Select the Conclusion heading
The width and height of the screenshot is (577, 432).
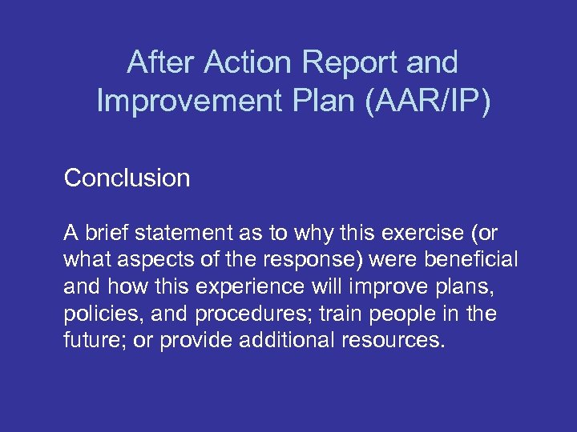coord(127,178)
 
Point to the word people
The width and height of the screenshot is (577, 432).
coord(409,314)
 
